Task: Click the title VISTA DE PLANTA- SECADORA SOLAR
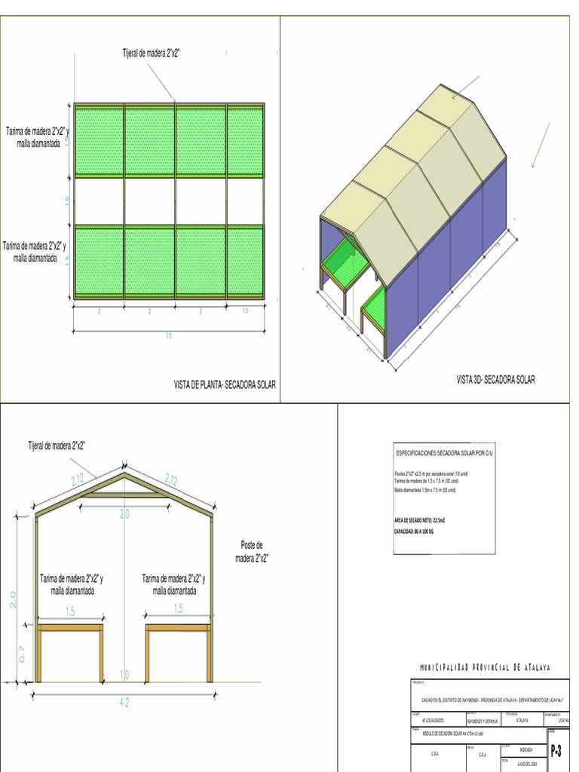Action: coord(225,384)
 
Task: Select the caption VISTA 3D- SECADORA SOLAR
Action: coord(495,379)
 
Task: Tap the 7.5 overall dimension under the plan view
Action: coord(168,336)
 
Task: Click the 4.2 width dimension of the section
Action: coord(124,703)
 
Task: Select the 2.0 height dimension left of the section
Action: coord(13,599)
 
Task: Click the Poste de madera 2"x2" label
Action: coord(252,551)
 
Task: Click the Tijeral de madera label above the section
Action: coord(57,446)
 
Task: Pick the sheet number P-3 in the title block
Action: coord(556,751)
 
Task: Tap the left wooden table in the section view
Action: coord(70,627)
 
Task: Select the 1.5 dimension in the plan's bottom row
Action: coord(245,311)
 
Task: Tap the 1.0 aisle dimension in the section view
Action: coord(124,674)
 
